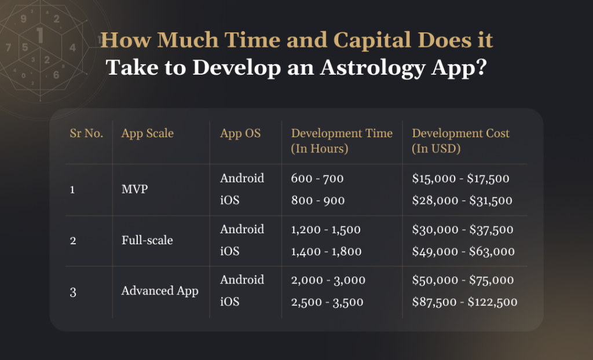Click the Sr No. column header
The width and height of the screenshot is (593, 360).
[86, 133]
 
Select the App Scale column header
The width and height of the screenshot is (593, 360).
[147, 133]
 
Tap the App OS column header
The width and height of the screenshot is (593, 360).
[240, 133]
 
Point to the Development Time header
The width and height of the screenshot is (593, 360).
[342, 140]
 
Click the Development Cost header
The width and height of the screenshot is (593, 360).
[460, 140]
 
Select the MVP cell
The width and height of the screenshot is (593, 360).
[135, 189]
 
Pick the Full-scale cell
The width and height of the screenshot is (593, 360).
[147, 240]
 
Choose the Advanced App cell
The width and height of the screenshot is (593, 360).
[159, 291]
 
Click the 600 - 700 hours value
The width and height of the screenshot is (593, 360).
[317, 178]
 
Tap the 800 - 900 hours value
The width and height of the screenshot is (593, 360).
[318, 200]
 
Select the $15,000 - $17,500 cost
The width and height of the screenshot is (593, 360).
[460, 178]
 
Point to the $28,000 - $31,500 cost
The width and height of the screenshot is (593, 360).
[462, 200]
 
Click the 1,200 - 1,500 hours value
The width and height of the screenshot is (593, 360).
[326, 229]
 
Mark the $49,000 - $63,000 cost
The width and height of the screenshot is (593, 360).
[463, 251]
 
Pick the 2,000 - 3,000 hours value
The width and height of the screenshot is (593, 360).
[328, 280]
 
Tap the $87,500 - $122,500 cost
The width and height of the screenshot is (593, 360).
[464, 302]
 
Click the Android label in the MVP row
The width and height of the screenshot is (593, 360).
[241, 178]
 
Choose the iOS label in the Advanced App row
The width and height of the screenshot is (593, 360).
[230, 302]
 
